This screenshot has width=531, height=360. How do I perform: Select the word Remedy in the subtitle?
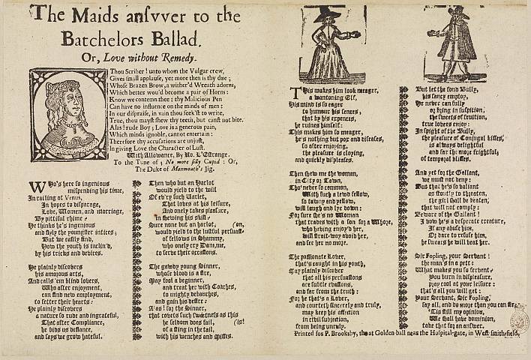[x=174, y=56]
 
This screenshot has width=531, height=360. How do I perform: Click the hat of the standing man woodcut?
[x=454, y=11]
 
